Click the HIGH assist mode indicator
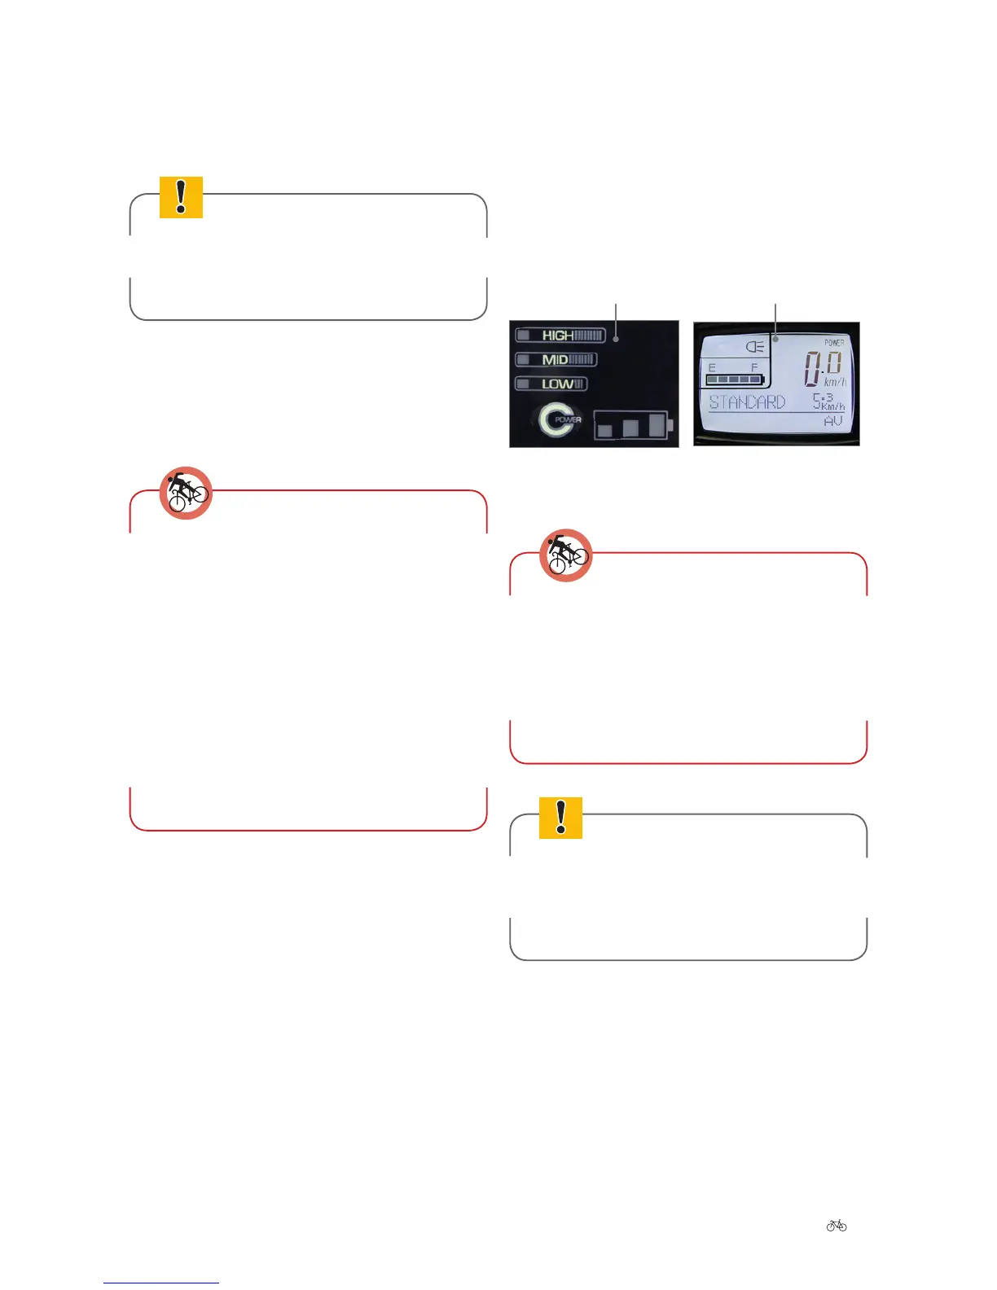pos(560,336)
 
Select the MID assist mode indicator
pos(556,359)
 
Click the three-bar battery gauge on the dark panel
pos(632,424)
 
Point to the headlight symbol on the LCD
pos(755,347)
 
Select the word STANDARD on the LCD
pos(747,401)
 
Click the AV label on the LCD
pos(832,421)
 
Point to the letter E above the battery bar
pos(712,368)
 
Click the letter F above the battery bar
pos(754,368)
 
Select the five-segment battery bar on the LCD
pos(733,380)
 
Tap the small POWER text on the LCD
pos(834,343)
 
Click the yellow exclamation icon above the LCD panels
pos(181,197)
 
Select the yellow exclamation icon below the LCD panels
pos(560,818)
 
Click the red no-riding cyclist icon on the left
pos(186,494)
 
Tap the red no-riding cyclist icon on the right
pos(566,555)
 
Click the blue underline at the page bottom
pos(161,1283)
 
